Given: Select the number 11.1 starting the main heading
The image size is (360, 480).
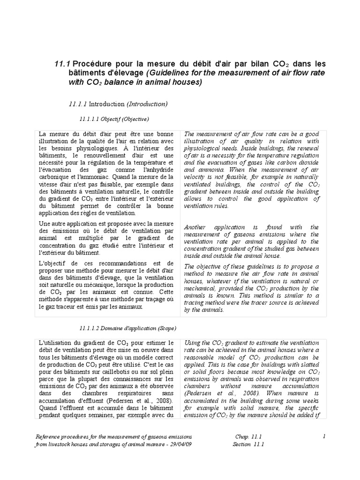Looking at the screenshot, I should pos(63,64).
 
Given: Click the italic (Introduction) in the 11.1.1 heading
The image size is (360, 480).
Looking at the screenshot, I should pos(147,103).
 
